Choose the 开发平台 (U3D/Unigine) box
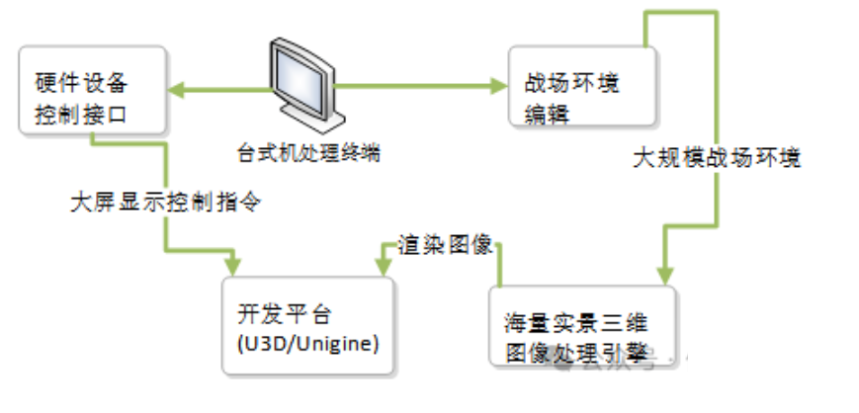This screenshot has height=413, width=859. click(x=307, y=325)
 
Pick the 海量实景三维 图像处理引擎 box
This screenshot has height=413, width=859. click(x=582, y=326)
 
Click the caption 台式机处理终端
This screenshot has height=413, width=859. click(x=308, y=154)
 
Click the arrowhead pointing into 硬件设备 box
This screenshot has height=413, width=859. click(x=175, y=93)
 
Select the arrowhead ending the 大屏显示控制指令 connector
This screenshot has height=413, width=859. click(x=233, y=266)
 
